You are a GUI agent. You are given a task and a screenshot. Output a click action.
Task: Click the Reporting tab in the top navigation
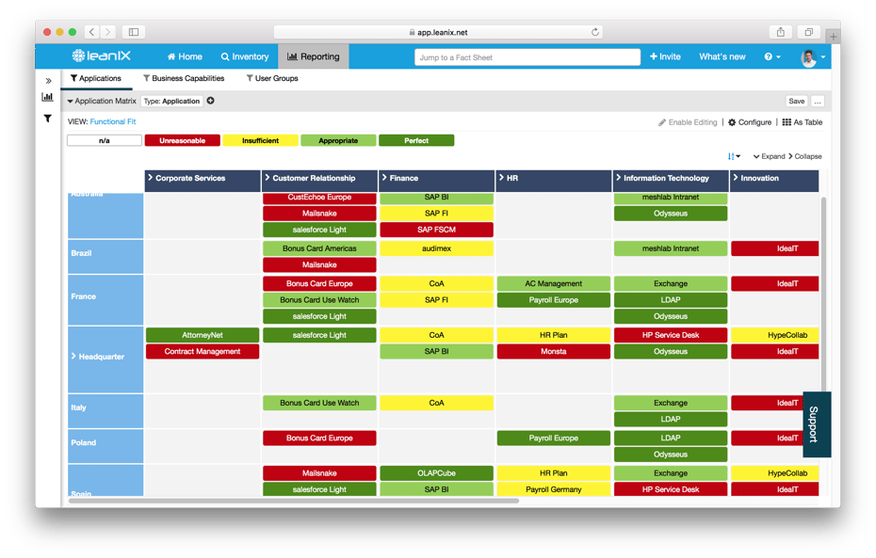click(314, 56)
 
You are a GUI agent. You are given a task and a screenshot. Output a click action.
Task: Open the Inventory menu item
click(245, 56)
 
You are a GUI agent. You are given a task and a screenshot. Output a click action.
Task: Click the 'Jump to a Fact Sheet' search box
click(527, 57)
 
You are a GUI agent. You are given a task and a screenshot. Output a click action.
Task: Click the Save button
click(796, 102)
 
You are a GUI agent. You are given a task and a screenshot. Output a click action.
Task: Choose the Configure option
click(750, 122)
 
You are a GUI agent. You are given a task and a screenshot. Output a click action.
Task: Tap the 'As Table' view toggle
click(803, 122)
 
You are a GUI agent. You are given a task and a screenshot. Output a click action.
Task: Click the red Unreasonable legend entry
click(182, 141)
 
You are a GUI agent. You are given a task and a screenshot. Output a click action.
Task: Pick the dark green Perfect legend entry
click(416, 141)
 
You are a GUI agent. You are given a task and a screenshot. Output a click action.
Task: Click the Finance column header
click(436, 178)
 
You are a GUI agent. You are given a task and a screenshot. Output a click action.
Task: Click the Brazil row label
click(82, 253)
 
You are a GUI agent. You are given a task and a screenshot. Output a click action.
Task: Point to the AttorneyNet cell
click(203, 335)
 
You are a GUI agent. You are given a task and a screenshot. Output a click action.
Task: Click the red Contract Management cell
click(203, 352)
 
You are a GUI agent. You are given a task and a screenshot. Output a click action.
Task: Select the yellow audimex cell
click(436, 248)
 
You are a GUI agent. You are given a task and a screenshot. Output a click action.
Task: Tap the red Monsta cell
click(553, 352)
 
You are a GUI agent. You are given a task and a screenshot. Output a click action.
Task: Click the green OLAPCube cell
click(436, 473)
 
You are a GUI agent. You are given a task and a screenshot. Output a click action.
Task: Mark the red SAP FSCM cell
click(436, 230)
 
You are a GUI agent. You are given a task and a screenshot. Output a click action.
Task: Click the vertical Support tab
click(816, 424)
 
